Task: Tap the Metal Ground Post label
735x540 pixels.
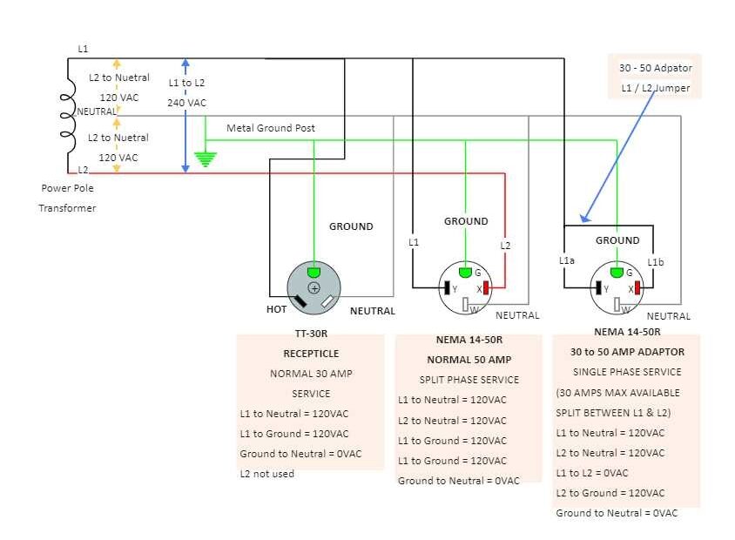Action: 271,128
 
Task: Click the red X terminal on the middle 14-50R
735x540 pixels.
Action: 487,287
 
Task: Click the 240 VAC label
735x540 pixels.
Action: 186,103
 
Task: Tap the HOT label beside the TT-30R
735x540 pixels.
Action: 276,309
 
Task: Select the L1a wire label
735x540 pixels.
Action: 567,260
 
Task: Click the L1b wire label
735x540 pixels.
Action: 656,262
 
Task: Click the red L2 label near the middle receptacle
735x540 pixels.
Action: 505,246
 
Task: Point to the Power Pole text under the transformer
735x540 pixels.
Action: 67,187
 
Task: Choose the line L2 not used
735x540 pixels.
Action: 267,474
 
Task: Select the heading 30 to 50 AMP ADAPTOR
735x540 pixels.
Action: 627,352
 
